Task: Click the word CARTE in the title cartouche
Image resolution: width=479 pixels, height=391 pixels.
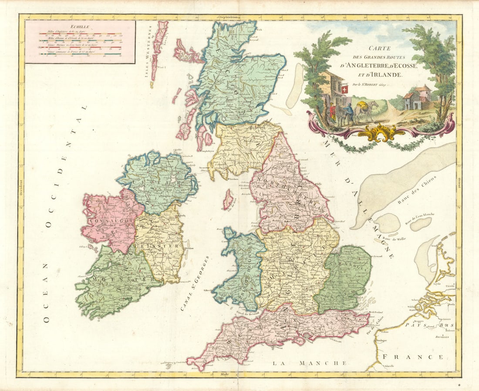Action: (377, 49)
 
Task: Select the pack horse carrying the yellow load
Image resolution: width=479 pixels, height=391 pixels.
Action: (365, 111)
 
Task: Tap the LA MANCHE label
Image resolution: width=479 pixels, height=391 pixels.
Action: (309, 363)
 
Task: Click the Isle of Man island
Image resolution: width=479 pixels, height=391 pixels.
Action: (228, 199)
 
